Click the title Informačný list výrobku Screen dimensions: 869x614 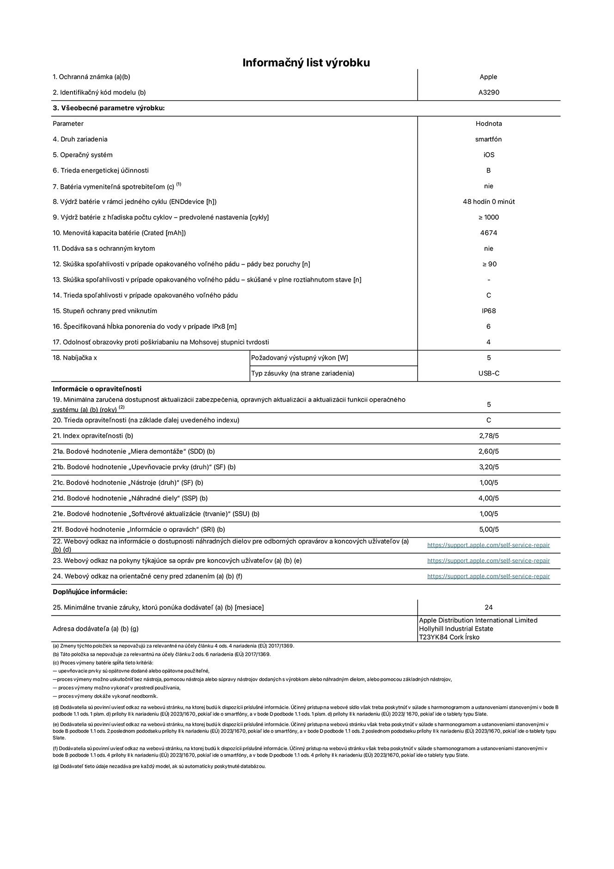click(306, 63)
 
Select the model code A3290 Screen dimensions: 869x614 click(489, 92)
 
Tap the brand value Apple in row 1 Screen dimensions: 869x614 click(488, 77)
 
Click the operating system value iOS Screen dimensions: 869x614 click(489, 155)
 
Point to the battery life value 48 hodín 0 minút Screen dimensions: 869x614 click(489, 202)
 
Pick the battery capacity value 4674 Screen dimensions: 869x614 click(489, 233)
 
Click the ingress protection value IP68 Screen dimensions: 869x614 click(489, 311)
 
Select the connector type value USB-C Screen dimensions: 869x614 click(489, 374)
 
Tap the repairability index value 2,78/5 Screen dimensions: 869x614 click(489, 436)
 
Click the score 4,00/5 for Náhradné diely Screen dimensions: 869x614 click(489, 499)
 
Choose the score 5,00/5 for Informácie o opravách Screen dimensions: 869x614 click(489, 530)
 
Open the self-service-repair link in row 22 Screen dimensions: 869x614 click(488, 545)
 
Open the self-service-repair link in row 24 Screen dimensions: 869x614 click(488, 577)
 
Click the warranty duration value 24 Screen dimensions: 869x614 click(489, 608)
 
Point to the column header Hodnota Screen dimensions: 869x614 click(489, 124)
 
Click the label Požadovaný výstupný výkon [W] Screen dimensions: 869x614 click(300, 358)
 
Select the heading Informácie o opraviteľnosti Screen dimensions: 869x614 click(97, 389)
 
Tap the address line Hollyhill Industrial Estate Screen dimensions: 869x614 click(456, 629)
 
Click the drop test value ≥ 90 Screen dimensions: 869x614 click(489, 264)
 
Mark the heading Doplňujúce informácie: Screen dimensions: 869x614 click(90, 592)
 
